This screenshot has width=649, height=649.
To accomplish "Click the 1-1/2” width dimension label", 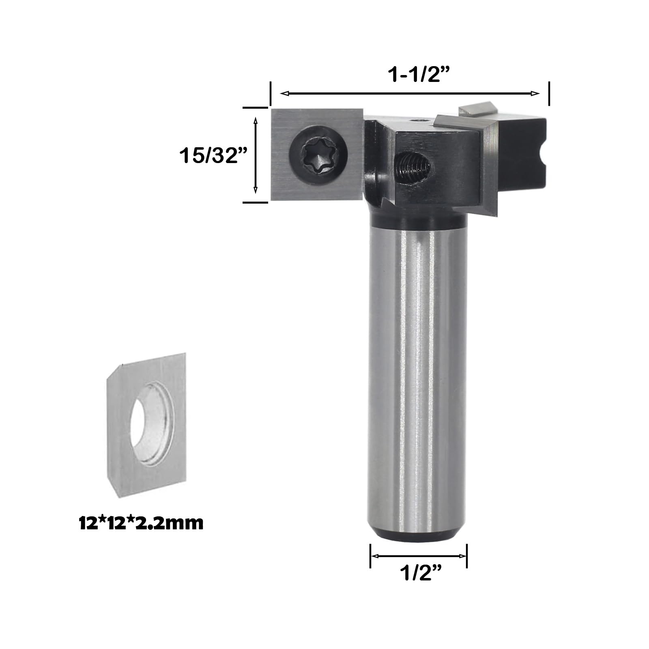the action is click(414, 74).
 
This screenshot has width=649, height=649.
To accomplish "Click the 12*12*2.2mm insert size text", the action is click(141, 523).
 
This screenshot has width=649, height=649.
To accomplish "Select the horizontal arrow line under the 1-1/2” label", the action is click(410, 94).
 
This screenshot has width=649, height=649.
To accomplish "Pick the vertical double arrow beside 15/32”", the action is click(256, 155).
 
